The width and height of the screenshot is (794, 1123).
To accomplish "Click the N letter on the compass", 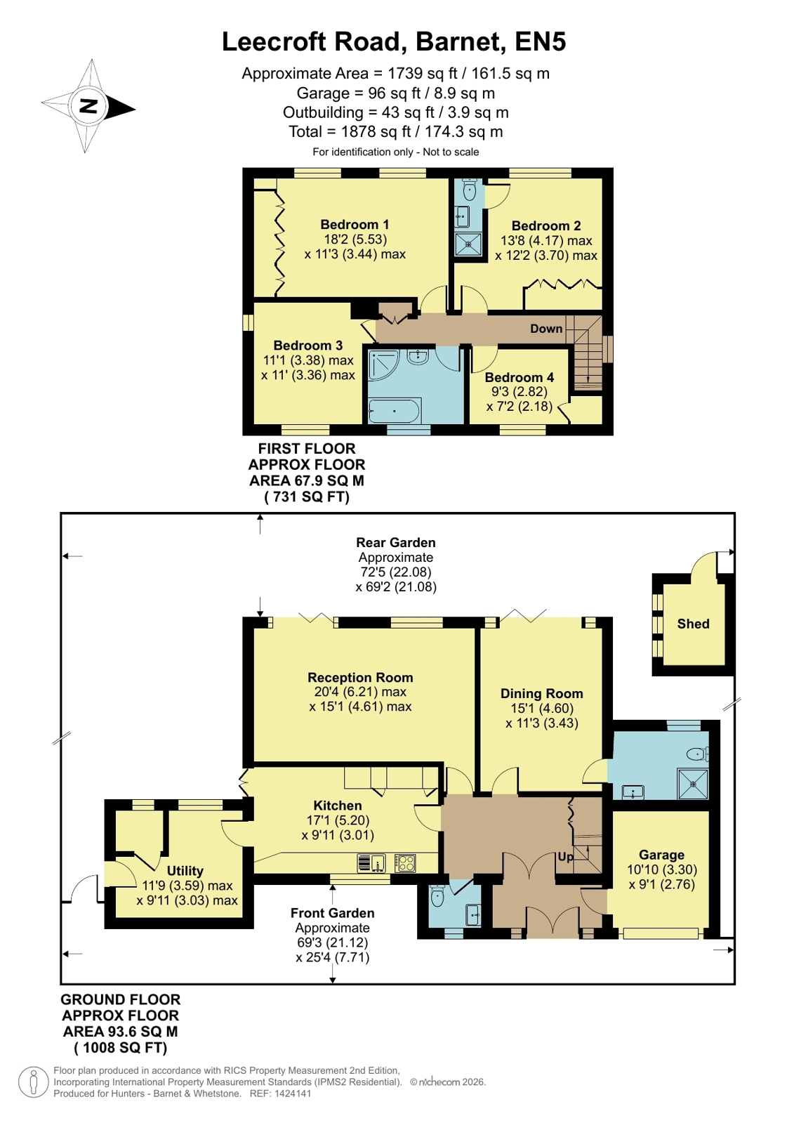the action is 88,106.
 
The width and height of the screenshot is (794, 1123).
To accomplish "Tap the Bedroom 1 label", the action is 355,224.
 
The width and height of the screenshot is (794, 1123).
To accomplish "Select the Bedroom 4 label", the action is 520,377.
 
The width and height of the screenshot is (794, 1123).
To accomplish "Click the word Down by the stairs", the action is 546,329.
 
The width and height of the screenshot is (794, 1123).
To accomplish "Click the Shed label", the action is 693,624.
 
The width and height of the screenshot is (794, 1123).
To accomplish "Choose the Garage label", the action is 661,855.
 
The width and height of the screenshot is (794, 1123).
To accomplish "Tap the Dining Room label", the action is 541,693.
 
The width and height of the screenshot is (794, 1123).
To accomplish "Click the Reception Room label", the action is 360,677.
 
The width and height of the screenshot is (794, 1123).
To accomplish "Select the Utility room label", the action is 185,870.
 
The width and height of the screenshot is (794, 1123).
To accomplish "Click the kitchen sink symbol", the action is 371,863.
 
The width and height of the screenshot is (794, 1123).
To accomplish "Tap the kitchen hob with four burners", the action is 405,863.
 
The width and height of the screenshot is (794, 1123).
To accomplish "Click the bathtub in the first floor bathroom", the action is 395,411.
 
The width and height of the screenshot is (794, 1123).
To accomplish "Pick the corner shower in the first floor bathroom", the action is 383,365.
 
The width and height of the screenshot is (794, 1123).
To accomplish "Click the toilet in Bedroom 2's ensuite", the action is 470,189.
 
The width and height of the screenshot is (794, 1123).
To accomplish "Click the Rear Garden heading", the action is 395,542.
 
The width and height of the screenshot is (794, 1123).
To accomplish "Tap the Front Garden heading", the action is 332,913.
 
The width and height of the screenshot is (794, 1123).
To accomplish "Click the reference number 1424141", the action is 291,1094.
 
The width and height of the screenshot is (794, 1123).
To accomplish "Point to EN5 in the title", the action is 541,41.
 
